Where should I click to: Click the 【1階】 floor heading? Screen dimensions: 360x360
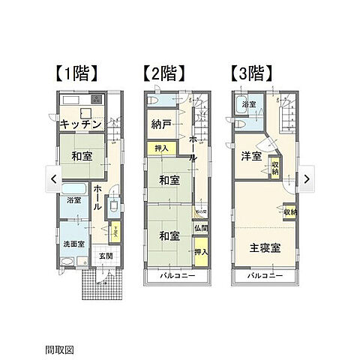[x=76, y=73]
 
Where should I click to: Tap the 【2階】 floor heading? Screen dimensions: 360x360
[x=163, y=73]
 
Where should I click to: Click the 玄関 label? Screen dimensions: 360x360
[x=106, y=256]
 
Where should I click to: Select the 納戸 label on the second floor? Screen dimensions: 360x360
[x=158, y=124]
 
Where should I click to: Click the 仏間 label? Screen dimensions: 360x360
[x=199, y=228]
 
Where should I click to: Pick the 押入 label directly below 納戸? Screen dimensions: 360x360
[x=162, y=149]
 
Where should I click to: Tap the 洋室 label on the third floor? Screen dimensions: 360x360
[x=251, y=156]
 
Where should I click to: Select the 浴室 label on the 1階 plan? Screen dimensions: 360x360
[x=73, y=200]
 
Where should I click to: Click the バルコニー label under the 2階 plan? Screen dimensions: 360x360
[x=178, y=276]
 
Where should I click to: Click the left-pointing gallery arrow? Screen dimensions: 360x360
[x=53, y=178]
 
